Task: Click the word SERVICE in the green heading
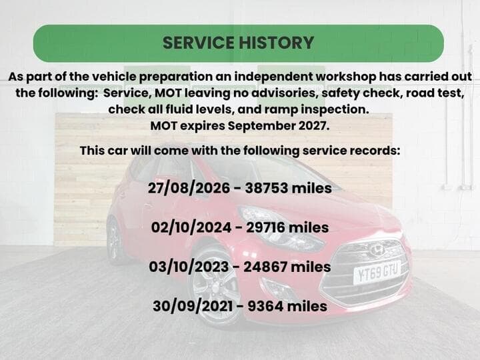point(199,43)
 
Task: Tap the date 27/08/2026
point(189,188)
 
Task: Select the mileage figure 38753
point(267,188)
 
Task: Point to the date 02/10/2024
point(191,228)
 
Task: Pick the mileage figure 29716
point(266,228)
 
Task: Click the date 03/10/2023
point(189,267)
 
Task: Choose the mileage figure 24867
point(265,267)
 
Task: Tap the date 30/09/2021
point(193,307)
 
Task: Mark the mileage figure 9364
point(265,307)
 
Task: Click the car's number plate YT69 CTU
point(377,272)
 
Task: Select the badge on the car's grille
point(377,250)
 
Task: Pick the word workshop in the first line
point(345,77)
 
